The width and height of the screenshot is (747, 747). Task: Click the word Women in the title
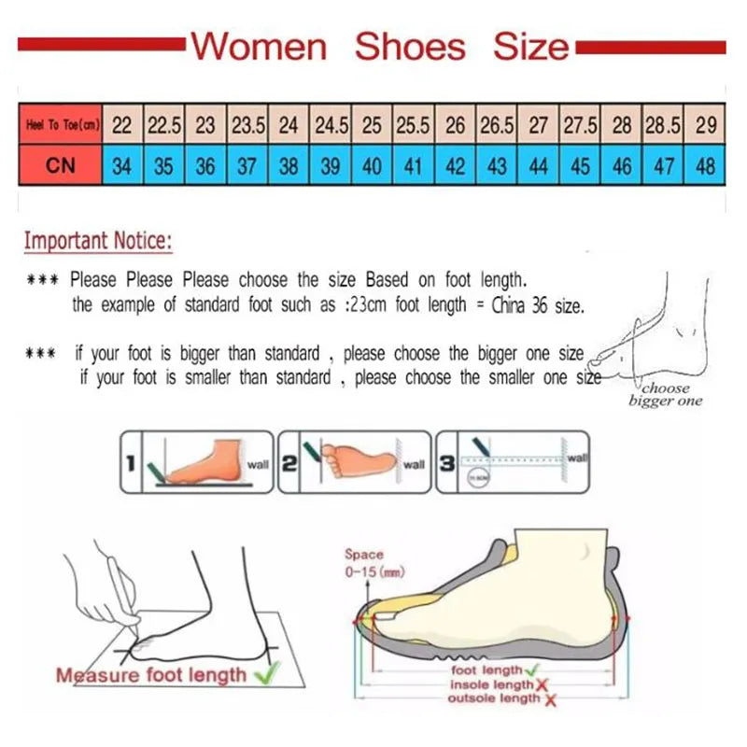pyautogui.click(x=259, y=46)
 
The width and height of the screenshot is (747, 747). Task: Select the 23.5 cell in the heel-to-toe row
pyautogui.click(x=248, y=125)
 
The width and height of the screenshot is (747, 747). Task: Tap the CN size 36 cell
pyautogui.click(x=205, y=167)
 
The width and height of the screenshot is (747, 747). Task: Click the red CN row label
pyautogui.click(x=60, y=167)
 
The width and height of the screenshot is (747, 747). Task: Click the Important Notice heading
pyautogui.click(x=98, y=241)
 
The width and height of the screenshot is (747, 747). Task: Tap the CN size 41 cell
pyautogui.click(x=414, y=167)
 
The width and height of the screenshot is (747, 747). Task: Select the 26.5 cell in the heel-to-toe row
pyautogui.click(x=497, y=125)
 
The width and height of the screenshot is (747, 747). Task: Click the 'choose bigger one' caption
pyautogui.click(x=666, y=394)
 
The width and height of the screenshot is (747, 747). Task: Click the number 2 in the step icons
pyautogui.click(x=289, y=461)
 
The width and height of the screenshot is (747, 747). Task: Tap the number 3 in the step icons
pyautogui.click(x=447, y=461)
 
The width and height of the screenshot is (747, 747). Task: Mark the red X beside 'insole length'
pyautogui.click(x=540, y=684)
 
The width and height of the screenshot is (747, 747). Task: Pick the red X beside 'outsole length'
pyautogui.click(x=550, y=699)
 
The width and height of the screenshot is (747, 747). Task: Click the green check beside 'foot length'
pyautogui.click(x=530, y=669)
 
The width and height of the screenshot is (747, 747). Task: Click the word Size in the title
pyautogui.click(x=530, y=46)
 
